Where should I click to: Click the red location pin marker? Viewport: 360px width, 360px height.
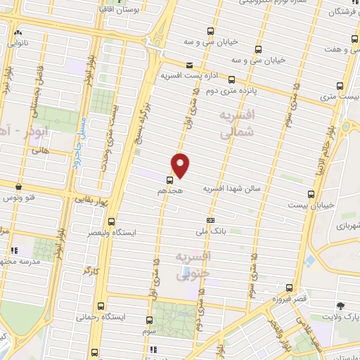tap(181, 165)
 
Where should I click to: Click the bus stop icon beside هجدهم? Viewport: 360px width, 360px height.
tap(170, 179)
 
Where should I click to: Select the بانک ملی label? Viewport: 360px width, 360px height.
tap(212, 231)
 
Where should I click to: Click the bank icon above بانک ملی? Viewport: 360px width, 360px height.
tap(209, 220)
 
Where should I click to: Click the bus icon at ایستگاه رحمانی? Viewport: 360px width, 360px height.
tap(101, 306)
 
